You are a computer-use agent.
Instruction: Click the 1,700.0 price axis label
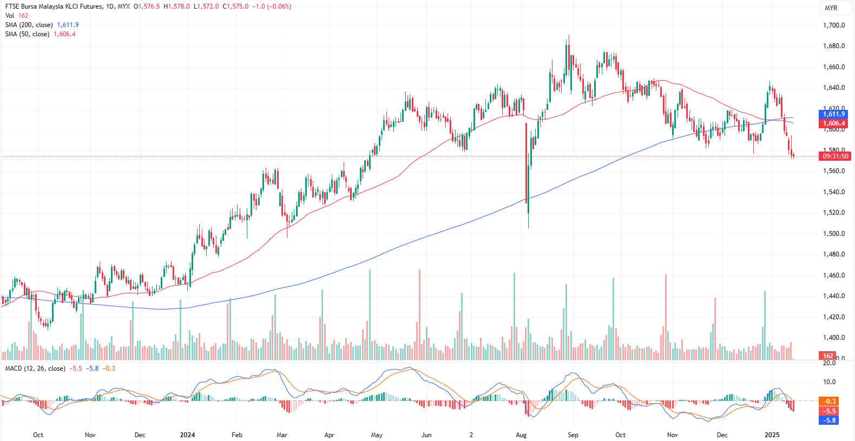coord(833,25)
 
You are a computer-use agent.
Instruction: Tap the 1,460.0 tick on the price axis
coord(833,275)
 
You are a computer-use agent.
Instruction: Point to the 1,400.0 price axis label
coord(833,338)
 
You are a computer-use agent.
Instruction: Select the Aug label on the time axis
coord(521,435)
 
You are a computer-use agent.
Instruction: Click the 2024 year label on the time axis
coord(187,435)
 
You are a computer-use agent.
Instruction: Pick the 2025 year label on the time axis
coord(772,435)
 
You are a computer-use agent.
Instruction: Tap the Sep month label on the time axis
coord(573,435)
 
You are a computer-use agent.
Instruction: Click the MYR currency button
coord(831,8)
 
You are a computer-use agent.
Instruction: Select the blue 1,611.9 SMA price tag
coord(833,114)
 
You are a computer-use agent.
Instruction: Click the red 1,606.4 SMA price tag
coord(833,123)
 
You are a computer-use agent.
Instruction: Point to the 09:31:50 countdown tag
coord(836,156)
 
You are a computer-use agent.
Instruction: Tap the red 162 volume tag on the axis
coord(828,356)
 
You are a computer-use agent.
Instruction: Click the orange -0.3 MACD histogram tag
coord(830,401)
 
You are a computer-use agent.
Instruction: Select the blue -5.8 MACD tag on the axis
coord(830,420)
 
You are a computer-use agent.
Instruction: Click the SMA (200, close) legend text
coord(29,25)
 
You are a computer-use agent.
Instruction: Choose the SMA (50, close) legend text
coord(27,34)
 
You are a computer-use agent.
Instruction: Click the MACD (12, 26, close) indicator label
coord(35,368)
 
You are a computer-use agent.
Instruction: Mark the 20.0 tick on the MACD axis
coord(829,363)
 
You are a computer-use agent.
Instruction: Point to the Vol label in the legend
coord(10,16)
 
